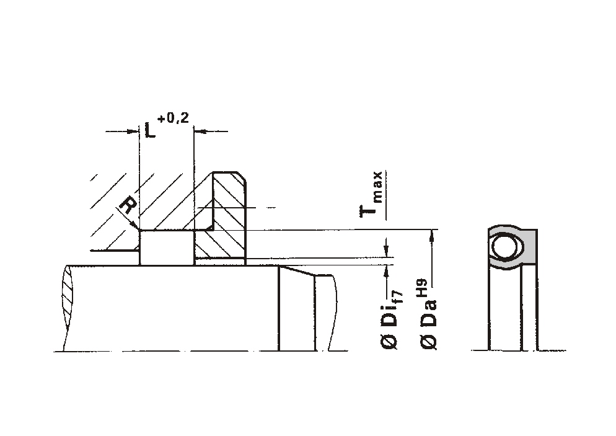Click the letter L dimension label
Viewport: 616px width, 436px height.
click(150, 130)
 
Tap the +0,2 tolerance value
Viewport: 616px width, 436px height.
click(173, 118)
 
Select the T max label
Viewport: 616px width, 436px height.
click(371, 195)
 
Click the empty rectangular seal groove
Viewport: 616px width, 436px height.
click(167, 247)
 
